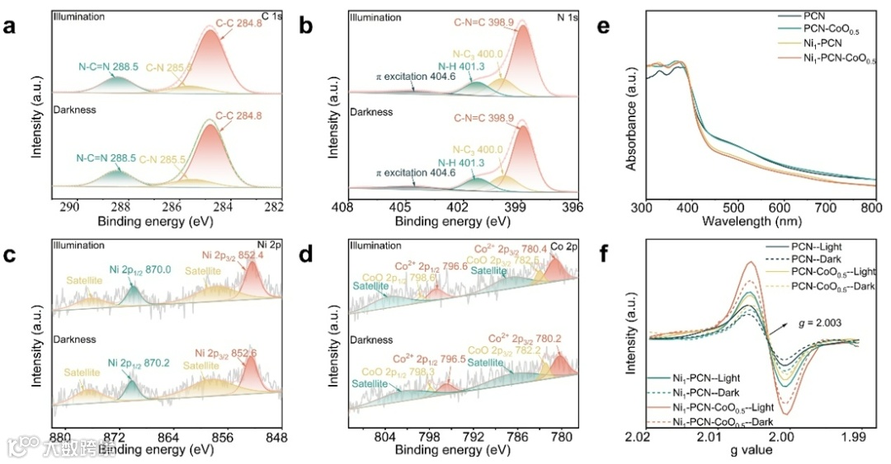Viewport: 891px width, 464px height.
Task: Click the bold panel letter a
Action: (x=10, y=26)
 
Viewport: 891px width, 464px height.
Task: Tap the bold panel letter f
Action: (x=604, y=253)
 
